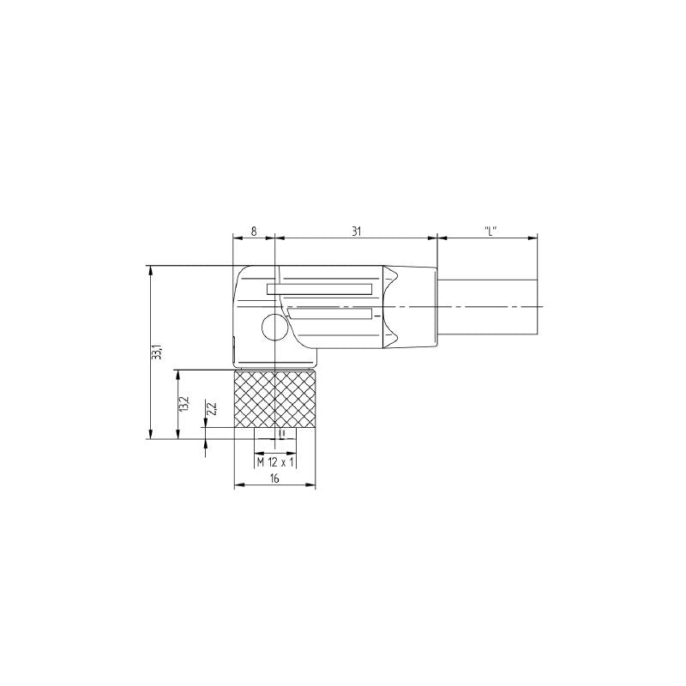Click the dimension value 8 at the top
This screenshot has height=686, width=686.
254,231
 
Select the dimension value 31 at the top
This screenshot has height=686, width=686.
356,231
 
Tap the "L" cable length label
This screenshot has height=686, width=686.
489,231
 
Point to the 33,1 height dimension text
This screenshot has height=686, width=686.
157,352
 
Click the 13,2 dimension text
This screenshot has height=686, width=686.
182,404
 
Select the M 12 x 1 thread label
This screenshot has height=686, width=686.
275,462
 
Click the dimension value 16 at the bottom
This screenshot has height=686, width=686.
274,479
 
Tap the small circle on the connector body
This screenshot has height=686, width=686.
274,328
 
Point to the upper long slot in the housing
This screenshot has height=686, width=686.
320,290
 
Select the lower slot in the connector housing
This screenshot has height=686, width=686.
330,314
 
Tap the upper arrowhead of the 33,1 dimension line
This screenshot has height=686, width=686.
152,270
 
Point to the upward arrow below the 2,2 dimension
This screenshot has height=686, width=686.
206,446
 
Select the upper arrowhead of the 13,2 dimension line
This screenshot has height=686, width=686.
178,374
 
